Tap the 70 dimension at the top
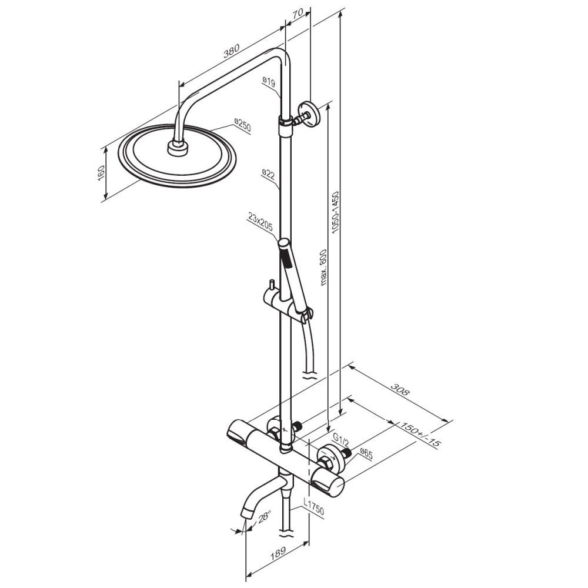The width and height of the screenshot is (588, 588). [x=298, y=14]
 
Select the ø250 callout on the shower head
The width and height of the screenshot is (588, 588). [x=242, y=125]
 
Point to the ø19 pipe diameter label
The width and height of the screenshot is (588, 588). [x=269, y=82]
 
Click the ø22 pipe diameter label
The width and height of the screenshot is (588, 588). [x=269, y=175]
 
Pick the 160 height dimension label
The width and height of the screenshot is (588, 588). [x=101, y=172]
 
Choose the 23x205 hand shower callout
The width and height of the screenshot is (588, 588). [x=259, y=222]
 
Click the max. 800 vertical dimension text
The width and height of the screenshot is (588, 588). [x=323, y=268]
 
